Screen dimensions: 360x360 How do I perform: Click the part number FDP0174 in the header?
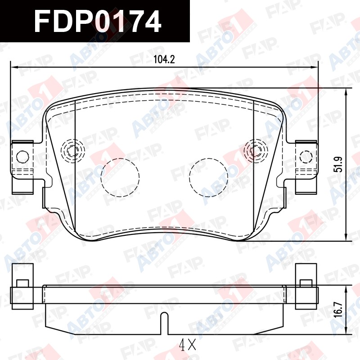click(x=97, y=21)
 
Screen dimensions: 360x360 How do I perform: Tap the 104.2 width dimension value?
click(x=164, y=59)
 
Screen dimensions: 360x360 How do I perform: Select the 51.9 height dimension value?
click(x=338, y=164)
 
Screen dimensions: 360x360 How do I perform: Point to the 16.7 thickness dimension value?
click(x=338, y=310)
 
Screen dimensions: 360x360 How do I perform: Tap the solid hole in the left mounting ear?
click(x=23, y=157)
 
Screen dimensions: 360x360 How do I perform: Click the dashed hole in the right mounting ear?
click(x=306, y=156)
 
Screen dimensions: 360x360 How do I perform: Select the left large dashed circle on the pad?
click(x=120, y=177)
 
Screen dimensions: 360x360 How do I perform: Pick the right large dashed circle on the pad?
click(x=209, y=177)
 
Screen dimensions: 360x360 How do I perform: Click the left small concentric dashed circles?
click(x=73, y=151)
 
